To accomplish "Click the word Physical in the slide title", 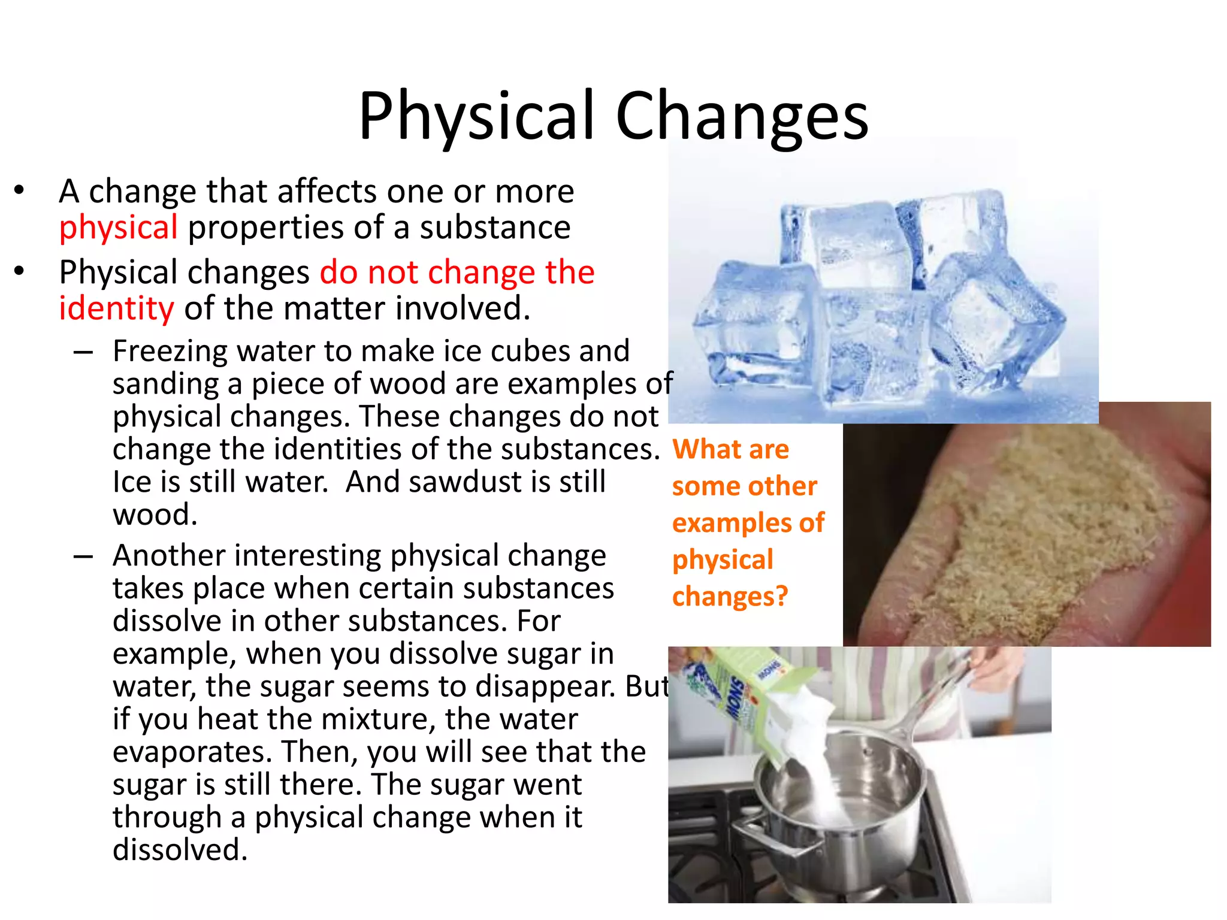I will [x=476, y=117].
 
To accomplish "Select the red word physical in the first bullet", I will [x=118, y=228].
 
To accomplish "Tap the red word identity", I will [x=116, y=309].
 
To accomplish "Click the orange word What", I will [x=706, y=449].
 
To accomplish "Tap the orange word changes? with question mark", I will [x=730, y=597].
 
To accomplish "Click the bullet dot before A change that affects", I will [x=20, y=190].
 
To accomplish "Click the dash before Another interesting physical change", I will [x=83, y=556].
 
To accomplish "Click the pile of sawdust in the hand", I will [x=1030, y=527].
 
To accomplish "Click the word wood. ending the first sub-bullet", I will [x=155, y=515].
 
